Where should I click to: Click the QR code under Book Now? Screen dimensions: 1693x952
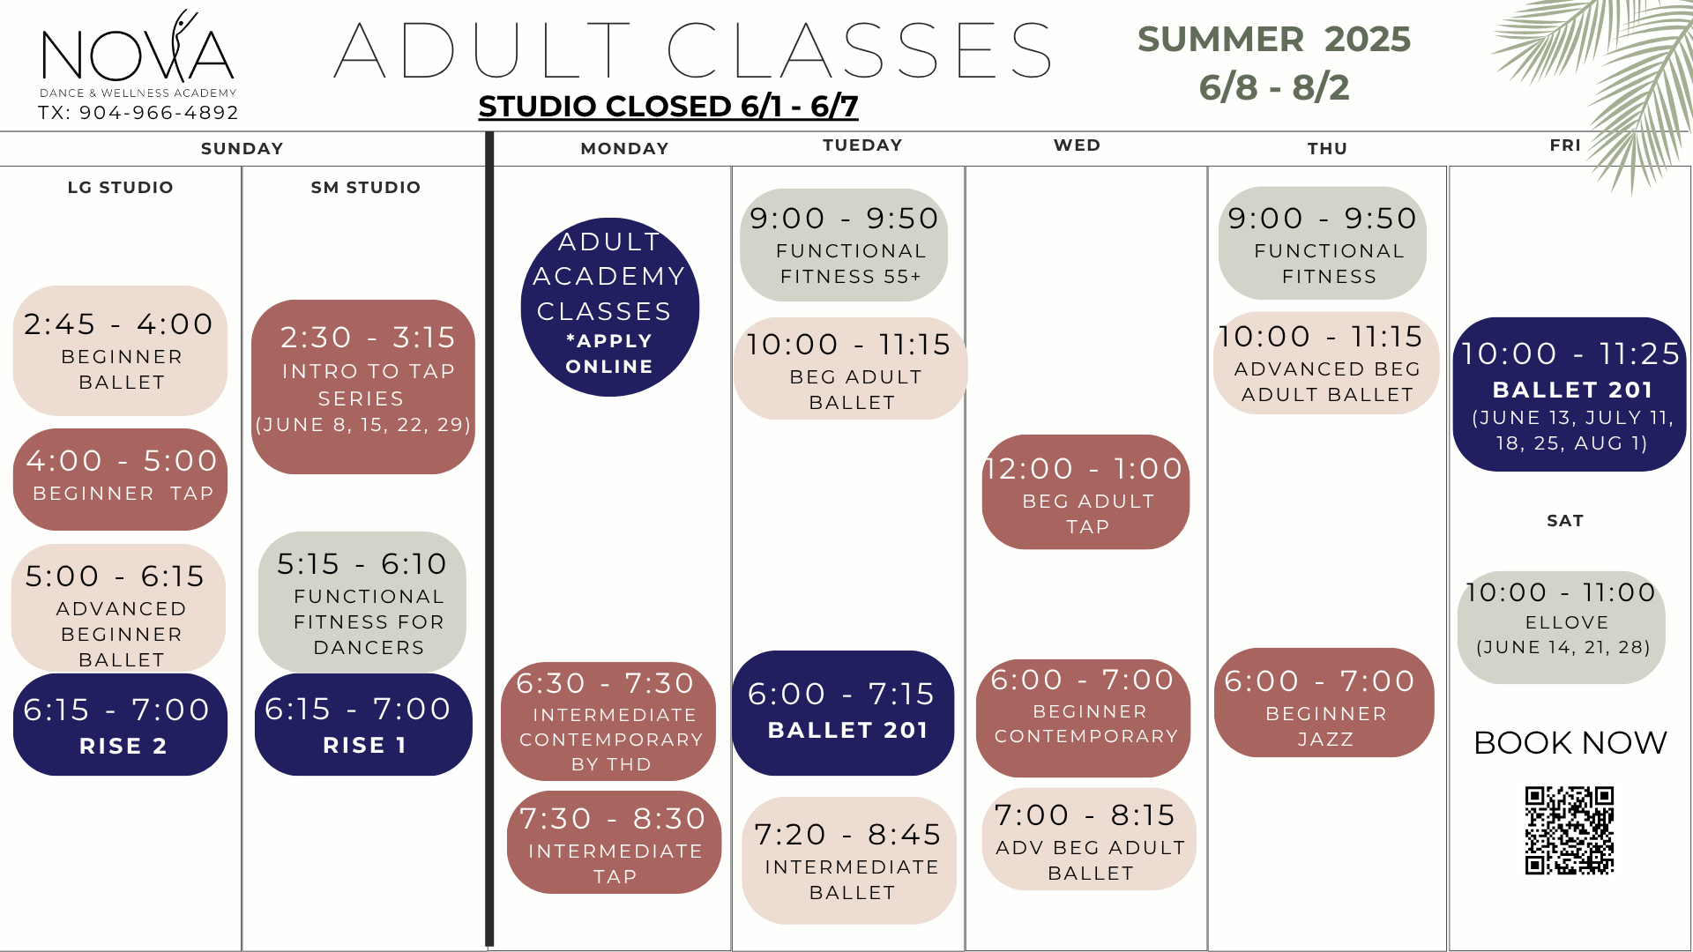tap(1570, 830)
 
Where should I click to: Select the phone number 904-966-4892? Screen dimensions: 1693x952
tap(159, 113)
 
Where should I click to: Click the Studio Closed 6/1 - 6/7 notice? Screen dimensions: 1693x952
tap(668, 107)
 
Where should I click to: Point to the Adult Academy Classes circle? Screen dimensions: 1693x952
tap(609, 307)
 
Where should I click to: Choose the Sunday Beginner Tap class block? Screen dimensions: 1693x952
tap(120, 479)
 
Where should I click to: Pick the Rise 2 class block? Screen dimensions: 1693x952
tap(120, 725)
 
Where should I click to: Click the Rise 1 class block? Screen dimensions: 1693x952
tap(363, 725)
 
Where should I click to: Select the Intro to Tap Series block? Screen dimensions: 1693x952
tap(363, 386)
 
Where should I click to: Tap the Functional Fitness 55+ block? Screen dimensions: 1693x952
tap(844, 245)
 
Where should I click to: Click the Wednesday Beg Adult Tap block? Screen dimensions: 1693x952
tap(1085, 492)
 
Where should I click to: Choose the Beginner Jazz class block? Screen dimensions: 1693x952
tap(1324, 703)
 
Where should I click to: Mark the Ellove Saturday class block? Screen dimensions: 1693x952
tap(1562, 627)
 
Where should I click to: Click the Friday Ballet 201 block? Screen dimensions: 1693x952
tap(1570, 394)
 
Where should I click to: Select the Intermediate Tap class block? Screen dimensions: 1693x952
tap(614, 843)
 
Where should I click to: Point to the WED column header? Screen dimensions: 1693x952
tap(1077, 145)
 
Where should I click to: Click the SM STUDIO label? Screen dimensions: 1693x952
tap(366, 187)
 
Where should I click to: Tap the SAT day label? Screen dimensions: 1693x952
tap(1565, 521)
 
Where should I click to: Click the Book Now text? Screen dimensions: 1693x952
tap(1570, 743)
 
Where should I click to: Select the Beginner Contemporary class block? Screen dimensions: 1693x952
tap(1084, 718)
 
